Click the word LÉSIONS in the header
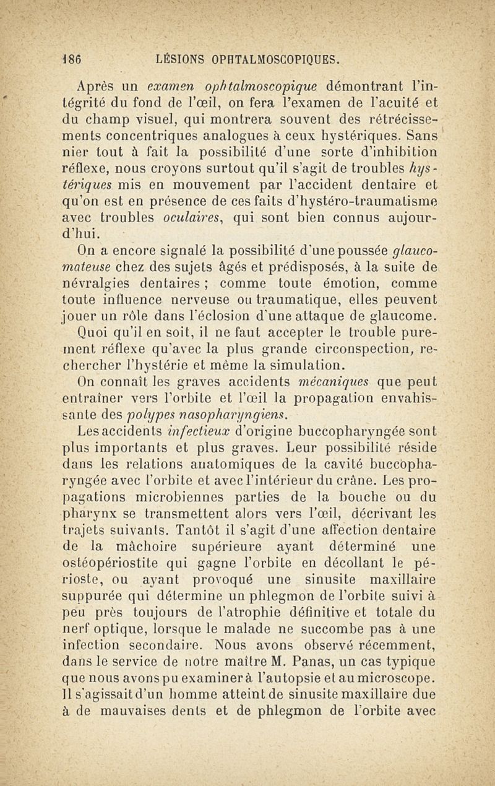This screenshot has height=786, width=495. pyautogui.click(x=183, y=60)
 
